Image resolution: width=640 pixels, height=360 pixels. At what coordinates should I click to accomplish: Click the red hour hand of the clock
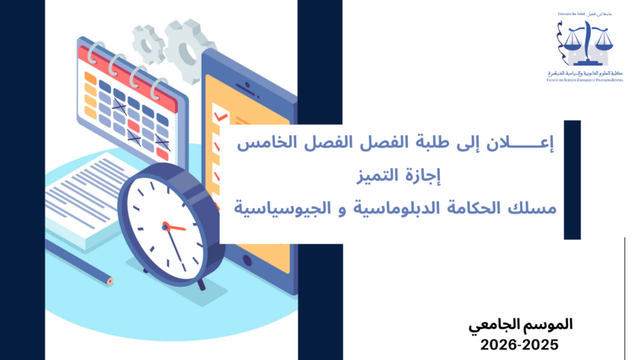[x=175, y=226]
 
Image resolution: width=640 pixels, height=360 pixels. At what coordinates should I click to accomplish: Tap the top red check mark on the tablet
[x=220, y=117]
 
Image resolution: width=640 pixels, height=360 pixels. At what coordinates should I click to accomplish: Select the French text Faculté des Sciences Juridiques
[x=588, y=80]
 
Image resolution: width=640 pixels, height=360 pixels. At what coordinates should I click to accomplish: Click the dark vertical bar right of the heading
[x=572, y=179]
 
